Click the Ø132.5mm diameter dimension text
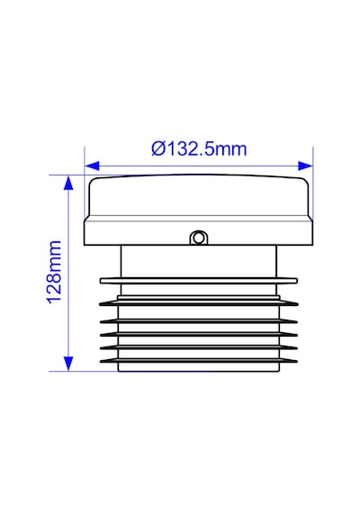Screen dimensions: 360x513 click(x=199, y=149)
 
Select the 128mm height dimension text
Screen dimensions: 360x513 click(x=55, y=273)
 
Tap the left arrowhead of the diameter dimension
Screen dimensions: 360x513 click(x=92, y=166)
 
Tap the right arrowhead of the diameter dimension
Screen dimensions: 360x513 click(x=305, y=166)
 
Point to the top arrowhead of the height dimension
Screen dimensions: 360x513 click(x=68, y=183)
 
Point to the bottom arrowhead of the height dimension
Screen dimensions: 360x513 click(x=68, y=364)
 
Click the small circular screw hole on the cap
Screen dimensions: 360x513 click(x=198, y=238)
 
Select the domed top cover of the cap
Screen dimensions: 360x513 click(x=198, y=195)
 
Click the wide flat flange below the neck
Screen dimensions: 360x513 click(x=199, y=281)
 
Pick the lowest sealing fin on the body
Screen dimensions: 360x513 click(x=199, y=361)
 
